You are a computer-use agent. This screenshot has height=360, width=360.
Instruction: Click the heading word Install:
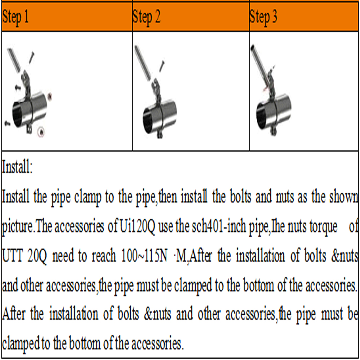click(x=17, y=167)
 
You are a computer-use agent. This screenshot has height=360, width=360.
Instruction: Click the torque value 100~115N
click(x=144, y=256)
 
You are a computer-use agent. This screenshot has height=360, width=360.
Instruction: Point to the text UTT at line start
click(x=13, y=256)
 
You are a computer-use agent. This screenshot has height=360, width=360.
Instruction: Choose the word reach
click(x=104, y=256)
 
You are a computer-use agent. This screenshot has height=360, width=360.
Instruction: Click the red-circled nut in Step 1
click(x=41, y=132)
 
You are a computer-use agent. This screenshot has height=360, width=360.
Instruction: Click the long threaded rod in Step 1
click(x=14, y=60)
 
